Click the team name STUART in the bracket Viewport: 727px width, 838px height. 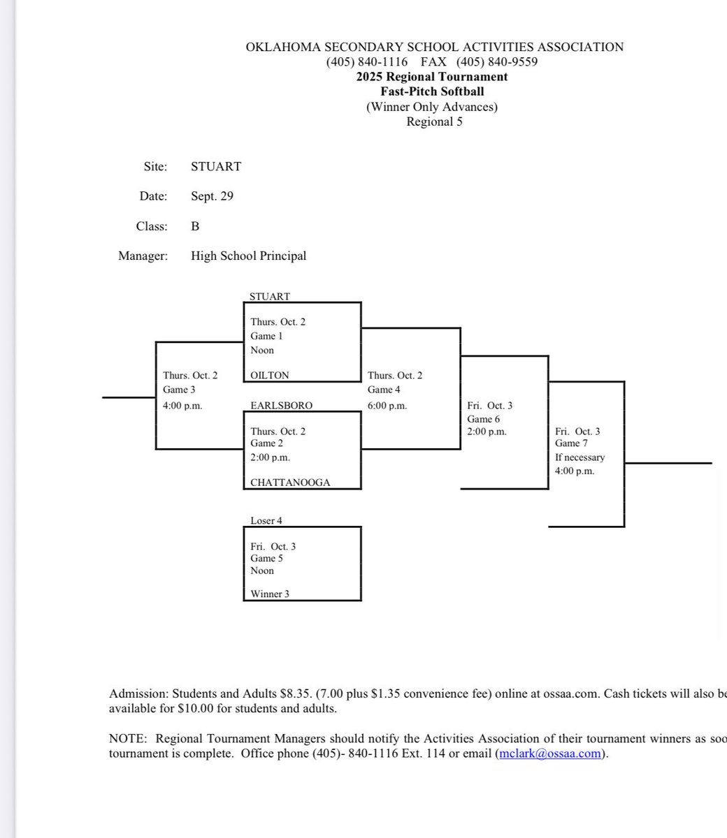pos(269,296)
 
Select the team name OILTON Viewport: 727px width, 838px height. pos(270,375)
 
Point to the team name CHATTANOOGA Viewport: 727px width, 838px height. pos(290,482)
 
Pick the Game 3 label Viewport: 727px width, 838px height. pos(179,390)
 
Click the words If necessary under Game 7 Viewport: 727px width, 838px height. pos(580,457)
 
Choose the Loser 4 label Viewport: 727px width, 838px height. pos(266,520)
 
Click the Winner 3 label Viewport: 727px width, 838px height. pos(270,594)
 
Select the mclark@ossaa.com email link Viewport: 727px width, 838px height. pos(549,754)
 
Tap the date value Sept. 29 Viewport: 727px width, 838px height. pos(212,196)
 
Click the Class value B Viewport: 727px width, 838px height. pos(195,226)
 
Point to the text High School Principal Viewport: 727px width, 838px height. pos(248,256)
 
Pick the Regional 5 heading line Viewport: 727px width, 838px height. pos(434,122)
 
